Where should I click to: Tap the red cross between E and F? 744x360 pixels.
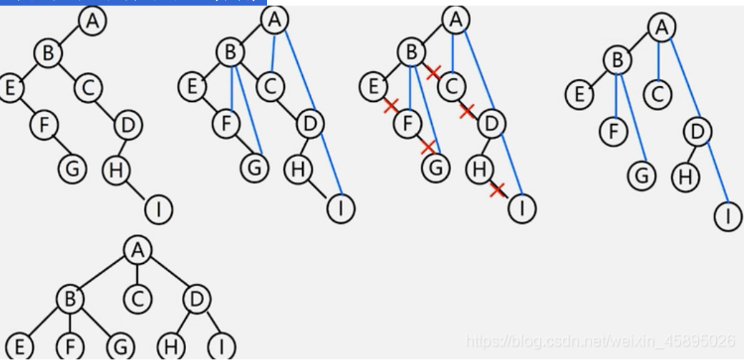[390, 106]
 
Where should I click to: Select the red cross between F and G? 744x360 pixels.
[428, 147]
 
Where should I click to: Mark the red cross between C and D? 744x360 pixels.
[467, 111]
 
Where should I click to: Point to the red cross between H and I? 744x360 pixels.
[496, 189]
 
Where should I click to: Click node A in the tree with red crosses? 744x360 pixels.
[455, 20]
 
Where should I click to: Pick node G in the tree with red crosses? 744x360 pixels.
[436, 168]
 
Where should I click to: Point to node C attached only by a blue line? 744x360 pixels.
[658, 94]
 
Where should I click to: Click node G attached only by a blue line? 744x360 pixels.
[642, 176]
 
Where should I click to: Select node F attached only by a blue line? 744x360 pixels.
[614, 131]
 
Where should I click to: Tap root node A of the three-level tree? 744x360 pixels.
[137, 251]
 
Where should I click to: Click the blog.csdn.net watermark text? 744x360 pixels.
[599, 341]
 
